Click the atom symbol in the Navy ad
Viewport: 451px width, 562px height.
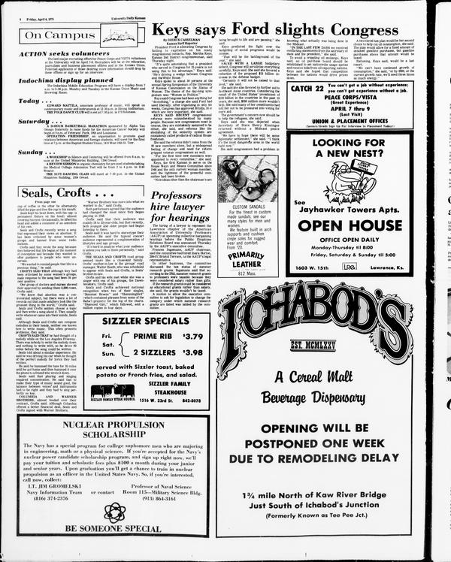click(x=114, y=512)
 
